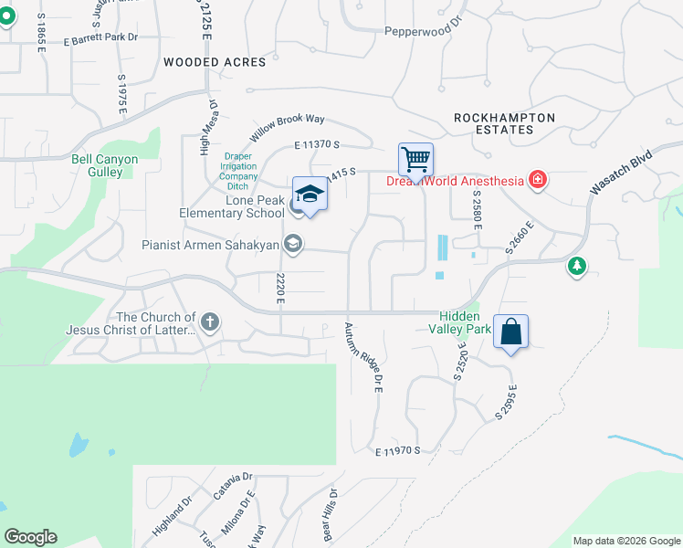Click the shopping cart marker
(x=415, y=161)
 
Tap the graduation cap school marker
(x=310, y=194)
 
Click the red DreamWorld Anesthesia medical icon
(x=539, y=180)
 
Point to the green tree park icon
(x=576, y=266)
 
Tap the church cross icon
(x=210, y=321)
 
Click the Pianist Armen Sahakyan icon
(x=293, y=244)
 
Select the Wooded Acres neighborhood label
(x=215, y=62)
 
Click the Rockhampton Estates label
(x=504, y=123)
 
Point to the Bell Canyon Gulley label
(x=105, y=165)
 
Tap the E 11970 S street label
(x=403, y=450)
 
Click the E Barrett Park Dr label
(x=100, y=38)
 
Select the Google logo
(x=30, y=536)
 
